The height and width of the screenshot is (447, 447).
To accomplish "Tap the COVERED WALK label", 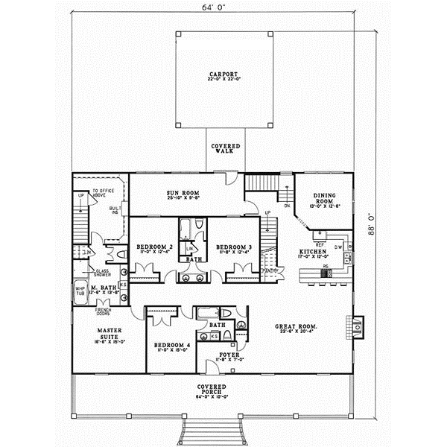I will [x=223, y=148].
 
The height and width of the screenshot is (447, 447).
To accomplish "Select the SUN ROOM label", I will [x=183, y=193].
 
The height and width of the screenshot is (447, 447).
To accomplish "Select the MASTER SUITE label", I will [x=110, y=333].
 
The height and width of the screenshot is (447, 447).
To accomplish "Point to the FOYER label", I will [x=229, y=355].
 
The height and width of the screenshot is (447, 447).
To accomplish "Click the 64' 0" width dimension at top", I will [x=223, y=8].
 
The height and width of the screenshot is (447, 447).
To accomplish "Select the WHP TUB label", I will [x=80, y=290].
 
